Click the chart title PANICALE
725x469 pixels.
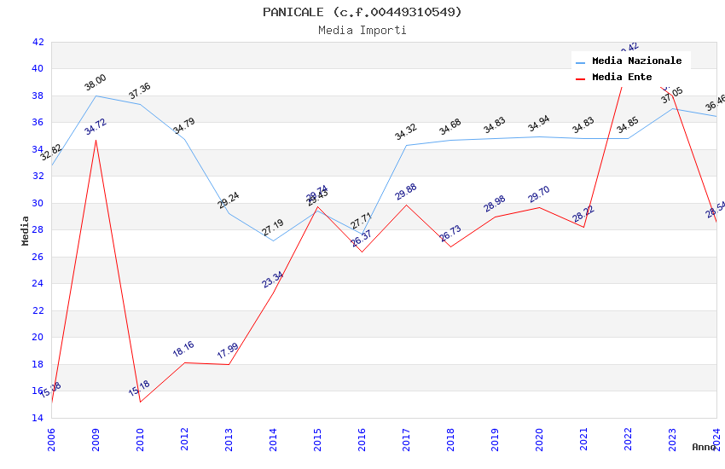click(x=362, y=12)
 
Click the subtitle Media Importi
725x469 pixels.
click(x=362, y=31)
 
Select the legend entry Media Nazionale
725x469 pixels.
click(x=636, y=61)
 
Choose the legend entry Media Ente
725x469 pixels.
click(x=622, y=78)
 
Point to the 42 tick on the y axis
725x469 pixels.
click(x=38, y=42)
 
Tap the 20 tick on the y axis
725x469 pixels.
click(x=38, y=337)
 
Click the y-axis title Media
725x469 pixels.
click(x=26, y=230)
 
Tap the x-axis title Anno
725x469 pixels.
click(x=704, y=447)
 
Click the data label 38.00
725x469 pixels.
click(x=96, y=83)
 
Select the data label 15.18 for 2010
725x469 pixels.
click(x=140, y=389)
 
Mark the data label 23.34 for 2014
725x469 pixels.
click(x=273, y=280)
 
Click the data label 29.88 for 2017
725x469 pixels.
click(x=406, y=192)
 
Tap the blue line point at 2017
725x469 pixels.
click(x=406, y=145)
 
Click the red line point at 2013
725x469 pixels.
click(x=229, y=364)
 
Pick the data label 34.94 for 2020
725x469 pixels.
click(x=539, y=124)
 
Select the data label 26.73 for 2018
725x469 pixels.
click(x=450, y=234)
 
